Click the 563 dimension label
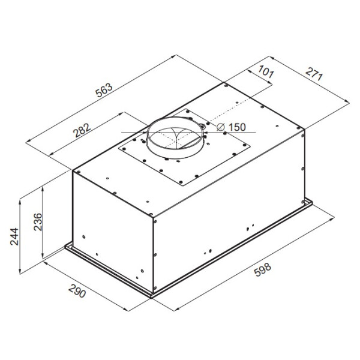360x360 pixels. (104, 90)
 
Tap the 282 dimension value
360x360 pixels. (82, 130)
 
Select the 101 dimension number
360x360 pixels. (266, 71)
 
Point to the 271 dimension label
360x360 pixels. (314, 74)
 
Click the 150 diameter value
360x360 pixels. (237, 127)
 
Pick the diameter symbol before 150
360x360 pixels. (221, 127)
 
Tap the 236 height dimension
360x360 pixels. (38, 222)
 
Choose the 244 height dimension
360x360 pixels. (14, 236)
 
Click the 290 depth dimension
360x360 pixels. (77, 291)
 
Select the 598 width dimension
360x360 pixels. (263, 270)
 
